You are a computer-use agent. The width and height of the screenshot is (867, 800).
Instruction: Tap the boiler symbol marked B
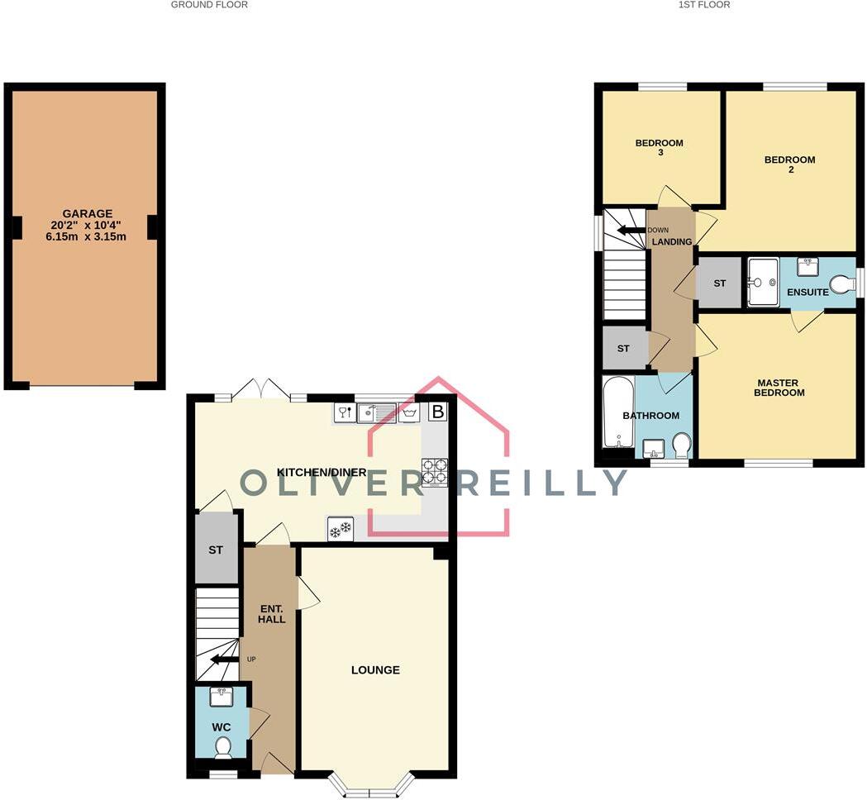pos(437,411)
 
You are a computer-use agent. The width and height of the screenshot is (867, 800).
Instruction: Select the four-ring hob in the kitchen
pos(435,471)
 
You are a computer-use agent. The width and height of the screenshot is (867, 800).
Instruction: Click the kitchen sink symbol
pos(374,412)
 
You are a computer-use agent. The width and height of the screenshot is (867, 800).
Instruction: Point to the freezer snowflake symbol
pos(341,530)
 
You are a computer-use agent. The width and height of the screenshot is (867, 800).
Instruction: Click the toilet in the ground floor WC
pos(222,747)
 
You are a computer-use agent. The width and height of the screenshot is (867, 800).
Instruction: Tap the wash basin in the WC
pos(222,698)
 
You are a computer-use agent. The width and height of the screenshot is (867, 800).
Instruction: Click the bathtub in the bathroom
pos(617,417)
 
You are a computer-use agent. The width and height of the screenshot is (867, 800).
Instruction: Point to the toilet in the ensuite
pos(841,285)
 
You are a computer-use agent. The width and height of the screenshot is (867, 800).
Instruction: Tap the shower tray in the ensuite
pos(763,283)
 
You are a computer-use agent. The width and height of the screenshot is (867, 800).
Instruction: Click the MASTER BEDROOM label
pos(779,388)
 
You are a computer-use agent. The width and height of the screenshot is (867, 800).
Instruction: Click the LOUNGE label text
pos(375,669)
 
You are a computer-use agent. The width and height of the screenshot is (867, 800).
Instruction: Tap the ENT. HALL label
pos(271,613)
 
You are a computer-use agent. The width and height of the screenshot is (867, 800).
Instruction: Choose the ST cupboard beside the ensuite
pos(719,283)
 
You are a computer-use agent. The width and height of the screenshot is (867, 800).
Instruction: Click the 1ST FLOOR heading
pos(703,5)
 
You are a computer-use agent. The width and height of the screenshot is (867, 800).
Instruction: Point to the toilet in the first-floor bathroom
pos(683,446)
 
